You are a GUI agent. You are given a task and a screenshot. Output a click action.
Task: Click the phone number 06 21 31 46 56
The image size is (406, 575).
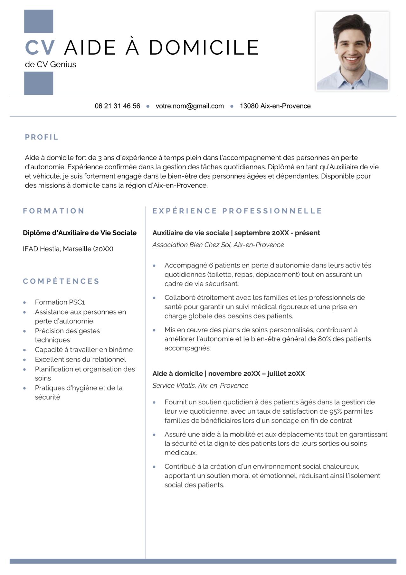117,106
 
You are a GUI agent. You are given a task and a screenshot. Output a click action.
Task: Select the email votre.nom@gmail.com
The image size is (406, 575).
189,106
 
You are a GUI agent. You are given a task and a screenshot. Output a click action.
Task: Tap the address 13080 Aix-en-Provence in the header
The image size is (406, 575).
275,106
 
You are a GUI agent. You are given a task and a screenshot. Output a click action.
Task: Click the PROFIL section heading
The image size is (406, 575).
42,137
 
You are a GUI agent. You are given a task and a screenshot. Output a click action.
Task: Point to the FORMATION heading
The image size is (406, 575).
54,211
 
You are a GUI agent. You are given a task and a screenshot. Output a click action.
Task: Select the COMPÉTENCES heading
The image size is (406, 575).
61,281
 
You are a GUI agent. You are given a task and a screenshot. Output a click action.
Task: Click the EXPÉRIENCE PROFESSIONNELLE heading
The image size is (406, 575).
237,211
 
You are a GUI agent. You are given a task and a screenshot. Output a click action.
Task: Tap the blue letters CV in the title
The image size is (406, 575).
40,48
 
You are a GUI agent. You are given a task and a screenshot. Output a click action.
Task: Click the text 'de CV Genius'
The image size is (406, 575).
50,64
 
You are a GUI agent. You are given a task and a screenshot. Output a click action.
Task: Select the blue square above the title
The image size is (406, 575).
39,21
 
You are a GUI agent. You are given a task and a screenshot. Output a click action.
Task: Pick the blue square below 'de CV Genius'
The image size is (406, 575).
39,83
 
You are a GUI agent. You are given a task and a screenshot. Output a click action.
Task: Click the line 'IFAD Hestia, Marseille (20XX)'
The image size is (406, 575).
68,249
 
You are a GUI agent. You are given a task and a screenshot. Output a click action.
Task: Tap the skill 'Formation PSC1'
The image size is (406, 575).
60,302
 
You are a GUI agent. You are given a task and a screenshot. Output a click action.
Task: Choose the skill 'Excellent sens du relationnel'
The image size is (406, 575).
80,359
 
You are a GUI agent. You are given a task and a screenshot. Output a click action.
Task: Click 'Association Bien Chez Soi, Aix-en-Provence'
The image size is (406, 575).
218,245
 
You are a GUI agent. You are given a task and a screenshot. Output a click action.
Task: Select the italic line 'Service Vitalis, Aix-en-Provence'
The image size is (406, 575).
200,386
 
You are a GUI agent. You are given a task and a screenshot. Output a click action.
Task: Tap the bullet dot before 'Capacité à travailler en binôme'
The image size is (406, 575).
24,350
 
